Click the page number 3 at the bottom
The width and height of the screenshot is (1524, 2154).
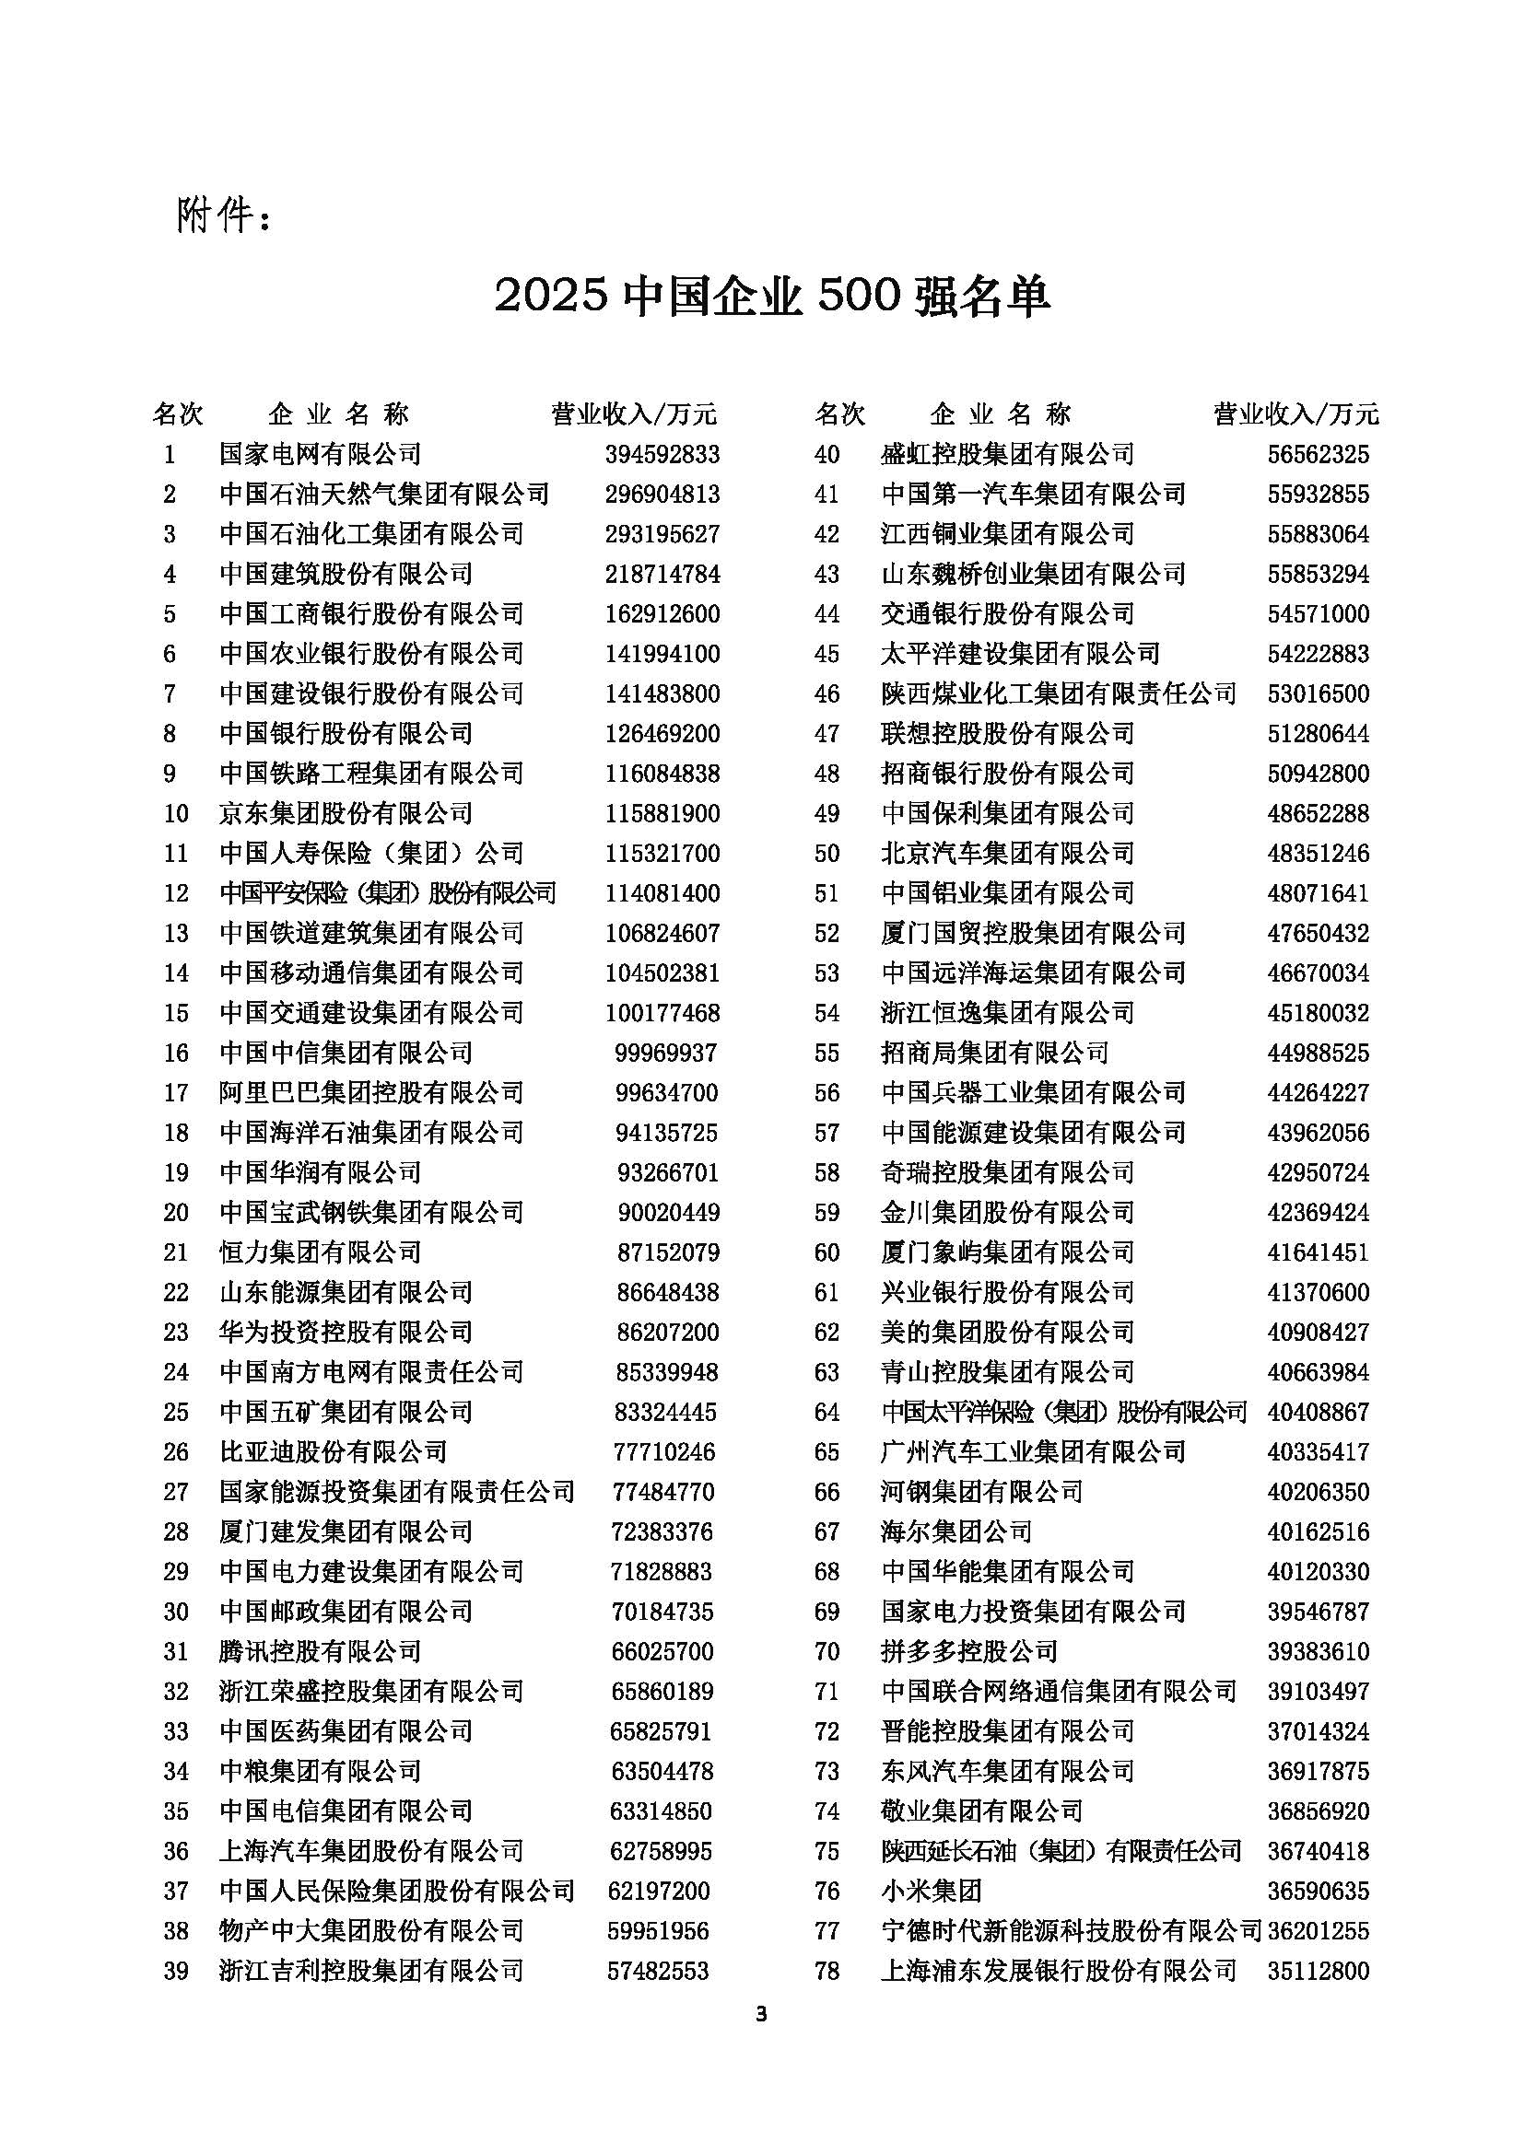tap(761, 2014)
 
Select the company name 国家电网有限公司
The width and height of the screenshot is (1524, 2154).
tap(320, 455)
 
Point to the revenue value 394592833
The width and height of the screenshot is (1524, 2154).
tap(662, 455)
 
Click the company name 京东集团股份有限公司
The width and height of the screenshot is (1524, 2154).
tap(346, 813)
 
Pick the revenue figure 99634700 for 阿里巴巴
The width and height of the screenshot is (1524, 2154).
tap(666, 1093)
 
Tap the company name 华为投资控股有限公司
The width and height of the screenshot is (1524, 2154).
tap(346, 1333)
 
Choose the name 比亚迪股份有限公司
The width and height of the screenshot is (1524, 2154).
tap(334, 1452)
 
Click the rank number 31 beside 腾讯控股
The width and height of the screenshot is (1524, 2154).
tap(176, 1651)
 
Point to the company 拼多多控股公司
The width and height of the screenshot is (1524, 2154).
tap(969, 1651)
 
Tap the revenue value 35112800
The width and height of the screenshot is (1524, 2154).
tap(1319, 1971)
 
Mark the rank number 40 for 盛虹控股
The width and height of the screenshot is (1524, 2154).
tap(826, 455)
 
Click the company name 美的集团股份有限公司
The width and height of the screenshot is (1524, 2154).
tap(1008, 1333)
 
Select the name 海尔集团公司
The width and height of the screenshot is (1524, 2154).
tap(956, 1532)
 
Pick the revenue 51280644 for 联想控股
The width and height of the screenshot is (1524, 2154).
tap(1319, 734)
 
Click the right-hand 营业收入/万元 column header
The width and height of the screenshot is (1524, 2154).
tap(1296, 413)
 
